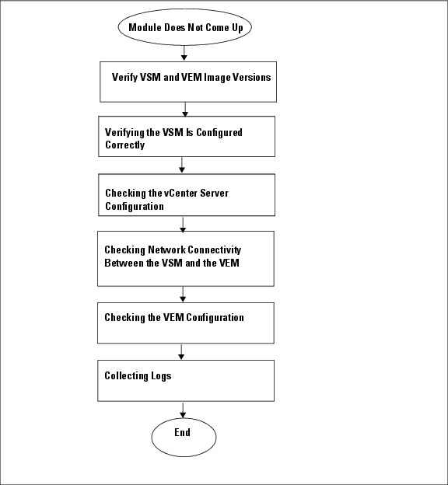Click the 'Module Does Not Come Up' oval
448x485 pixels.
184,27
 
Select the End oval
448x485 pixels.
184,437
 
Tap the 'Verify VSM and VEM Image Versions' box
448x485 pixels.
188,82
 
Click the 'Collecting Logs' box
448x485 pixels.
186,381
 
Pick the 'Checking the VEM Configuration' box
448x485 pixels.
186,323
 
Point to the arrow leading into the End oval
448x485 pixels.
183,410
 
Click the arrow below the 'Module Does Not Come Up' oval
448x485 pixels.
184,53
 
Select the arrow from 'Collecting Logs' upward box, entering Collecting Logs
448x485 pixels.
181,352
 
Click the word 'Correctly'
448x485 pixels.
124,145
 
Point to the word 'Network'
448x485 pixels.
166,249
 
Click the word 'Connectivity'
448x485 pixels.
214,250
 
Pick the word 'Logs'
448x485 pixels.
161,376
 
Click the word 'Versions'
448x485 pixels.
252,77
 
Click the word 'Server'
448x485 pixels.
214,193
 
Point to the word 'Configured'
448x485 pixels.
219,133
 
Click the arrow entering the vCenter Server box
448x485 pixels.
182,166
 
